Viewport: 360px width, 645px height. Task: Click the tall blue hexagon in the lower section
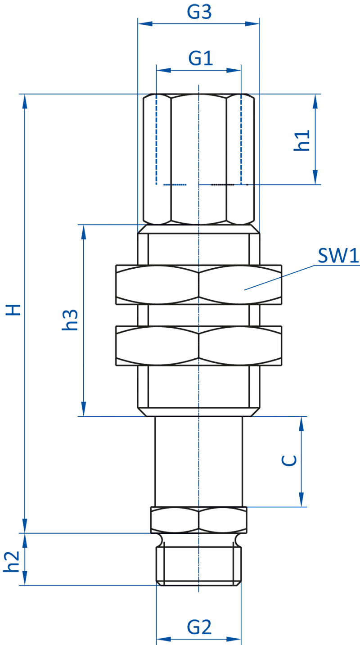(x=198, y=461)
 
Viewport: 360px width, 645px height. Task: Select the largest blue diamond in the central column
(x=198, y=386)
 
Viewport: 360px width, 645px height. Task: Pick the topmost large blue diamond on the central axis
(x=198, y=249)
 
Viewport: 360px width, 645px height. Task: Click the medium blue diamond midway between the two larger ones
(x=198, y=315)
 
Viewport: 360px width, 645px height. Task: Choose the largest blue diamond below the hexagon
(x=198, y=564)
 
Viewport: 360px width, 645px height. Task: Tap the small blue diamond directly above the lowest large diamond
(x=198, y=539)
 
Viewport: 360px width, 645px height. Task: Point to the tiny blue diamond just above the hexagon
(x=198, y=411)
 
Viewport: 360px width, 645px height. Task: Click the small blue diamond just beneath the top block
(x=198, y=229)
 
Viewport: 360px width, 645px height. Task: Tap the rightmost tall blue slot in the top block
(x=241, y=144)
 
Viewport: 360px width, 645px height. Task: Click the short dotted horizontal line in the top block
(x=223, y=184)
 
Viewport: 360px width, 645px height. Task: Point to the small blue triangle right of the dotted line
(x=250, y=184)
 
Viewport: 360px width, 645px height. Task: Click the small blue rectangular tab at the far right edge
(x=346, y=257)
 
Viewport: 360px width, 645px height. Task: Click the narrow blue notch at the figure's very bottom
(x=198, y=596)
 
